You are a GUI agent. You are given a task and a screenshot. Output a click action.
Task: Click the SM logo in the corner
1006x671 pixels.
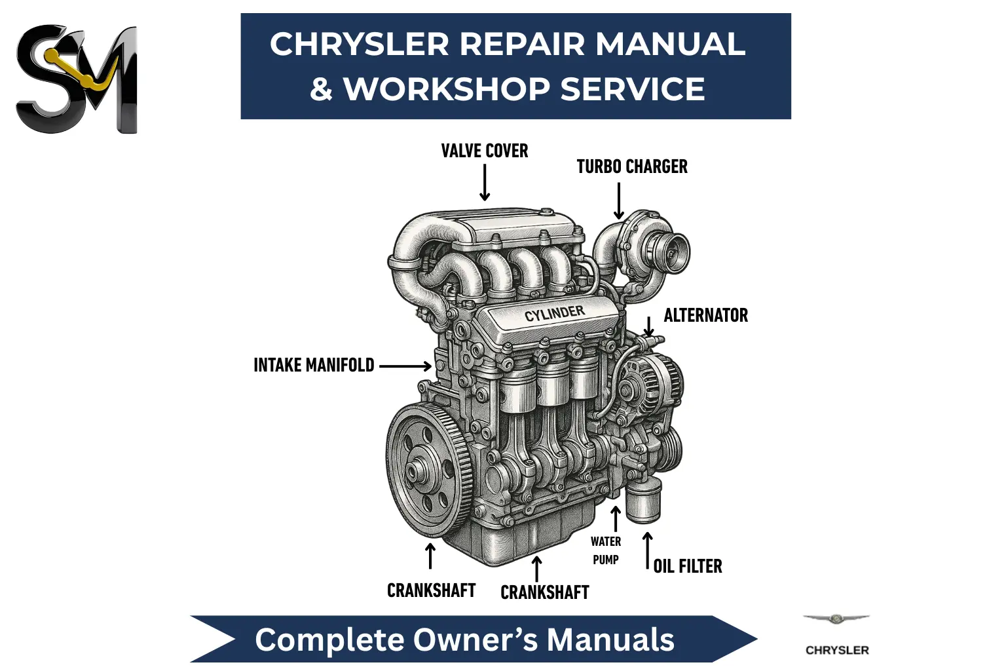pyautogui.click(x=77, y=79)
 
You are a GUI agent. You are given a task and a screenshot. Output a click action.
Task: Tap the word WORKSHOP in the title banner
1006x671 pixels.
pyautogui.click(x=447, y=88)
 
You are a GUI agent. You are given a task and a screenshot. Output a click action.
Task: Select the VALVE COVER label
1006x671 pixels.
pyautogui.click(x=485, y=151)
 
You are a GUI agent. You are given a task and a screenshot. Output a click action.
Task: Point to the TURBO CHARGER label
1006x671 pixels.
pyautogui.click(x=632, y=166)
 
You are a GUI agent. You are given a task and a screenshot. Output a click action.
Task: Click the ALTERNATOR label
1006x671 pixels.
pyautogui.click(x=706, y=315)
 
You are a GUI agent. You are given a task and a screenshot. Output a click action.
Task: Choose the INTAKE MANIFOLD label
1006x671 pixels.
pyautogui.click(x=314, y=366)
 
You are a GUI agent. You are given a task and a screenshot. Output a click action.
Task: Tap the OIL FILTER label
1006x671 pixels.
pyautogui.click(x=688, y=566)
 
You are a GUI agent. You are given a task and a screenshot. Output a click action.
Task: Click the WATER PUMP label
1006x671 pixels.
pyautogui.click(x=606, y=550)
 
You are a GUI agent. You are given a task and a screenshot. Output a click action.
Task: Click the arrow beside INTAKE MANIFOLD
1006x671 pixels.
pyautogui.click(x=405, y=366)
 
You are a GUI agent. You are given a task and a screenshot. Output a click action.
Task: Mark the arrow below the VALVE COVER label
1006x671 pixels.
pyautogui.click(x=485, y=182)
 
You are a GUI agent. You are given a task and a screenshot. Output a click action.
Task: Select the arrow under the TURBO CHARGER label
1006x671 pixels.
pyautogui.click(x=619, y=201)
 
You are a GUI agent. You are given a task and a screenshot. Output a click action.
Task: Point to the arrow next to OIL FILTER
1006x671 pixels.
pyautogui.click(x=648, y=551)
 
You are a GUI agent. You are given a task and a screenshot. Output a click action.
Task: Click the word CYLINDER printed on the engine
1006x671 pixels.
pyautogui.click(x=555, y=314)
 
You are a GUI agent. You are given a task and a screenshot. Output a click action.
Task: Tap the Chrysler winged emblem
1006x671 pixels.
pyautogui.click(x=836, y=619)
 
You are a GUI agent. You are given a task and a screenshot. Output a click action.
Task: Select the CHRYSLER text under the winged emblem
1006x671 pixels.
pyautogui.click(x=837, y=650)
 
